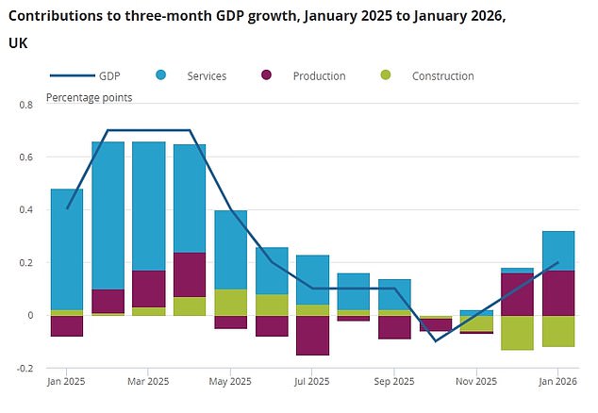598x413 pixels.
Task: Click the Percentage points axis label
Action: (90, 97)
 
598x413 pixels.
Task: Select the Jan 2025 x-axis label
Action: (67, 382)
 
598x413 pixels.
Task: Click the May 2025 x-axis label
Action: (230, 382)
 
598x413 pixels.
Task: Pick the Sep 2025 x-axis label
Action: (395, 382)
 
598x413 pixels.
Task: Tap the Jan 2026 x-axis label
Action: (558, 382)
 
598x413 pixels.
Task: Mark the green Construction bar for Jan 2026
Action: (558, 331)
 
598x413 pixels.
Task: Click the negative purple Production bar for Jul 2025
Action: (312, 335)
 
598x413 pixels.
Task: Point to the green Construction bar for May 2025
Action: (230, 302)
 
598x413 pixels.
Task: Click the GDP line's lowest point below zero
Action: (436, 341)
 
